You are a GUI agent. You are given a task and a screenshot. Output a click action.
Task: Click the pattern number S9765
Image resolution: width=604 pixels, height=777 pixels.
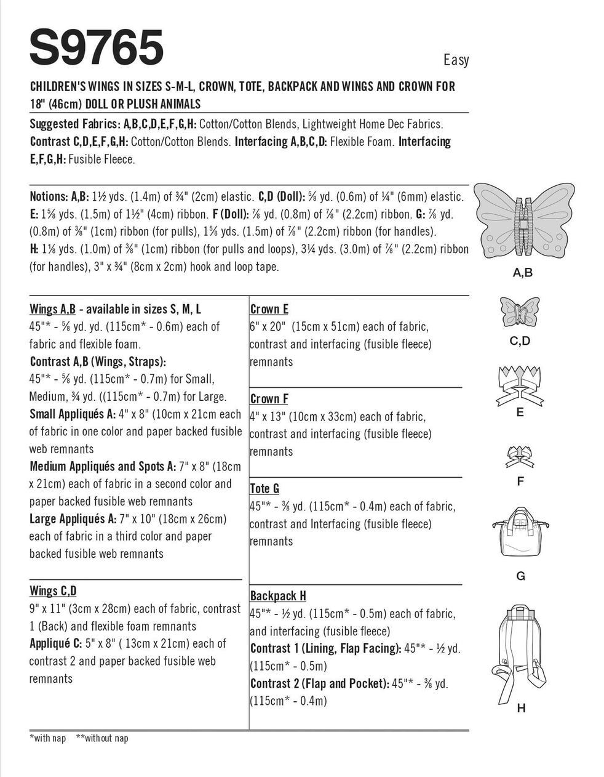(x=97, y=47)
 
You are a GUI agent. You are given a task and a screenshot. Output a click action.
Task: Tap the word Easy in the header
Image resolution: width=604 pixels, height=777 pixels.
(x=456, y=60)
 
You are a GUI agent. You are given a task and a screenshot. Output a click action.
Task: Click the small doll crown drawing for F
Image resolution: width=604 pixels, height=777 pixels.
(x=520, y=456)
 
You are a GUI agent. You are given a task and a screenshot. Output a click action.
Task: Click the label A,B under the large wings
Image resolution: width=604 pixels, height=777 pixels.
(x=522, y=273)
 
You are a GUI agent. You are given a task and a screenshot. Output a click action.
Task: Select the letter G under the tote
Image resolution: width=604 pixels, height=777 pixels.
(x=520, y=576)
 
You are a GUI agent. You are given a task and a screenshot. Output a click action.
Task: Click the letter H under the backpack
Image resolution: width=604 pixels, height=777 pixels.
(x=521, y=708)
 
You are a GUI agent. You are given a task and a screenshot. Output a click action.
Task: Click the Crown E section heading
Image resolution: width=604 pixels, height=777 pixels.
(x=269, y=309)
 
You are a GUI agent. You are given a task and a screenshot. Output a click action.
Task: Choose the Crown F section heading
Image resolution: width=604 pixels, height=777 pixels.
(x=269, y=399)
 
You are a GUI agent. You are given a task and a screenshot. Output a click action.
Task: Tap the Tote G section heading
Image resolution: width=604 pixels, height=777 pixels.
(x=264, y=488)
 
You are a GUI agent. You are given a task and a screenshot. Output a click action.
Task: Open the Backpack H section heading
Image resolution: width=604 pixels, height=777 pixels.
(x=278, y=596)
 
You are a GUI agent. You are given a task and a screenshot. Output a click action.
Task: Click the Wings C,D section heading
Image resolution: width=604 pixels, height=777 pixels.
(x=53, y=591)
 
